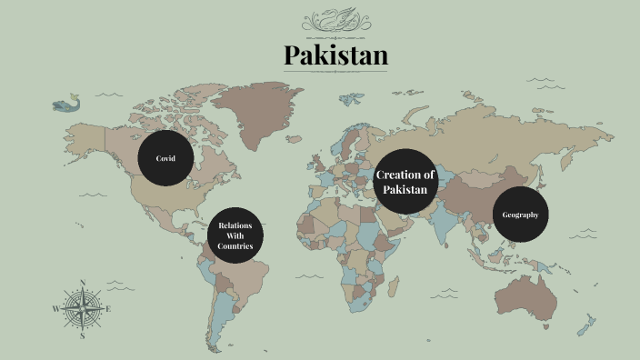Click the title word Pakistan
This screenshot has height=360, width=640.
(x=335, y=55)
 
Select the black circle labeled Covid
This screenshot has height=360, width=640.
(x=165, y=158)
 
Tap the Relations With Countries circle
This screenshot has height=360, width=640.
(x=235, y=235)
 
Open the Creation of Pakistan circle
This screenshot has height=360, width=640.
(x=405, y=181)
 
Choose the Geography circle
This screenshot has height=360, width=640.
(x=521, y=215)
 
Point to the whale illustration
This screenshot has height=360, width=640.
(x=65, y=105)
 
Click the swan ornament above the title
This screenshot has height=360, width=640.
(x=335, y=19)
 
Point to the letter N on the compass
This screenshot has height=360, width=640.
(x=83, y=282)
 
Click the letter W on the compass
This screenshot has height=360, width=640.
(x=55, y=309)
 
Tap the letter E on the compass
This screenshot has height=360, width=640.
(x=109, y=309)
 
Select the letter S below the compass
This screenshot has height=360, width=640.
(x=83, y=335)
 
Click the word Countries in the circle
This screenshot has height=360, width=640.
(x=235, y=246)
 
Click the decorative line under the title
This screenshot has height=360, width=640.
(x=335, y=72)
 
